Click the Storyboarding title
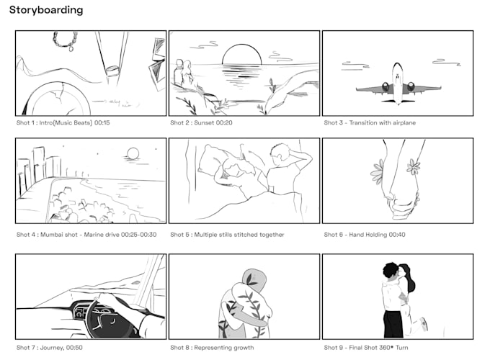[x=46, y=10]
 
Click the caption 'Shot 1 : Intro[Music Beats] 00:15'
[x=63, y=123]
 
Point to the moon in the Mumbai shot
[x=132, y=153]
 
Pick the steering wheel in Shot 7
[x=100, y=318]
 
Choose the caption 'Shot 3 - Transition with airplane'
[x=370, y=123]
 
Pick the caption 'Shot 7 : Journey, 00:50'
[x=50, y=347]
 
